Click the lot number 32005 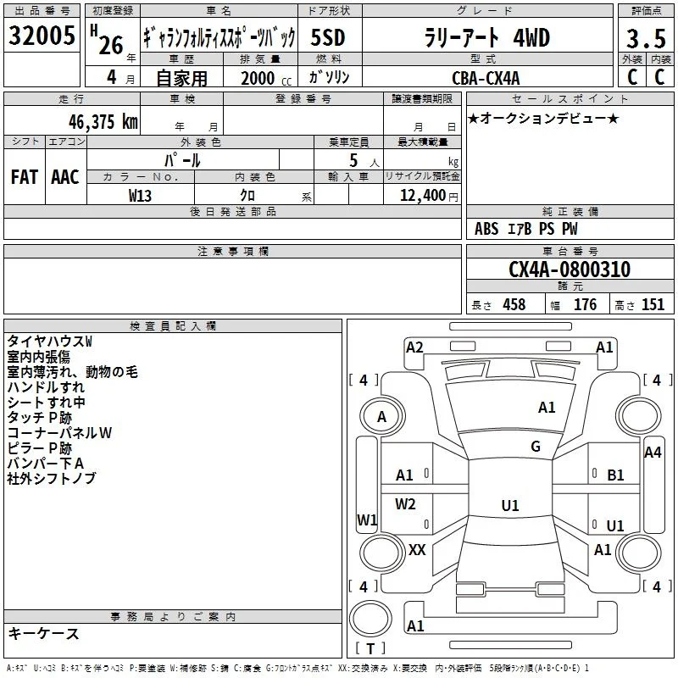(x=42, y=35)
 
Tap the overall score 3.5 (x=646, y=38)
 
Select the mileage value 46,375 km (x=103, y=122)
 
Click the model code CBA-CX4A (x=486, y=78)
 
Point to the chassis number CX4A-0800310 (x=570, y=270)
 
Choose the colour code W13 (x=140, y=196)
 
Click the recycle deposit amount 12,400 (x=422, y=196)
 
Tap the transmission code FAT (x=25, y=177)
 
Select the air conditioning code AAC (x=65, y=177)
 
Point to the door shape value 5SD (x=328, y=37)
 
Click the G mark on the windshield (x=536, y=447)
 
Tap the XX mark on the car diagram (x=417, y=550)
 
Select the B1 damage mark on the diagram (x=615, y=475)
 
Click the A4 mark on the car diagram (x=653, y=453)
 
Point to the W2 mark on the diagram (x=405, y=504)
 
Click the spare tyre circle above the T (x=370, y=620)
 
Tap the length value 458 (x=514, y=304)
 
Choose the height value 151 (x=653, y=304)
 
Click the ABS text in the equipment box (x=486, y=229)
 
